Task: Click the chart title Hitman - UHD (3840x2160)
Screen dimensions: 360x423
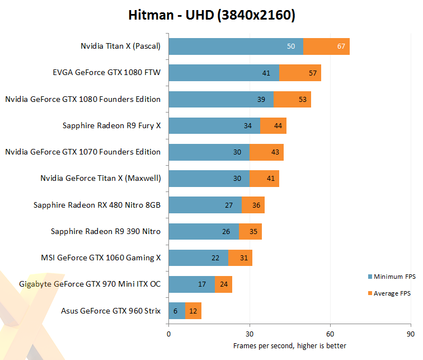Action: [211, 15]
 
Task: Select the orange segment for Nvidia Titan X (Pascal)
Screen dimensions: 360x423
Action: [326, 46]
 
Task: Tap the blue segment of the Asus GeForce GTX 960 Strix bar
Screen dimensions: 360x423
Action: [177, 311]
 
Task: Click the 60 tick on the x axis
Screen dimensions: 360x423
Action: [330, 335]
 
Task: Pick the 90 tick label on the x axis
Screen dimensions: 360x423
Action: [411, 335]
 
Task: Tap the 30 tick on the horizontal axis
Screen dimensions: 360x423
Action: [250, 335]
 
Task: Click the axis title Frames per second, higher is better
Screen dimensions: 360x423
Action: [290, 345]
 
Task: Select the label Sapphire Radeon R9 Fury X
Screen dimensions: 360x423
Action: [112, 125]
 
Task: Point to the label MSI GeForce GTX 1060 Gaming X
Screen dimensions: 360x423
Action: [101, 258]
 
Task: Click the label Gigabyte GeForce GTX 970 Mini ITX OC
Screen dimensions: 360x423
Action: [90, 284]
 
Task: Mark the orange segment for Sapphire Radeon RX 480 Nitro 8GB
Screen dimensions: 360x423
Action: [253, 205]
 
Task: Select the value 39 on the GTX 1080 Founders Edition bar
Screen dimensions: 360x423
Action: [261, 99]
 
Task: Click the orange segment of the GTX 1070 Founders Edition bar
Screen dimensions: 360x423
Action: [266, 152]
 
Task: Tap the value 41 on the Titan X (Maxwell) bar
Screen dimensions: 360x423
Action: [271, 179]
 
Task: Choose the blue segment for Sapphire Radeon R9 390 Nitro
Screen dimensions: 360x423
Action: [204, 231]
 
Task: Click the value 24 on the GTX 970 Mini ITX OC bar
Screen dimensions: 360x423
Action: [224, 284]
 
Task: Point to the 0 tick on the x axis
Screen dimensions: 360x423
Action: [168, 335]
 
